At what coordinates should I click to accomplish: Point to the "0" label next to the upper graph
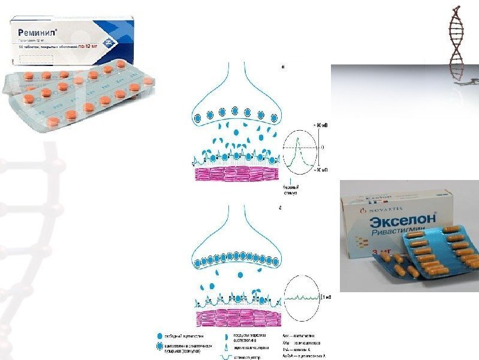[x=322, y=146]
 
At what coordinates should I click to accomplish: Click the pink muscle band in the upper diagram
[x=237, y=173]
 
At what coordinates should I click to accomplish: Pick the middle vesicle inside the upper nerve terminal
[x=235, y=112]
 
